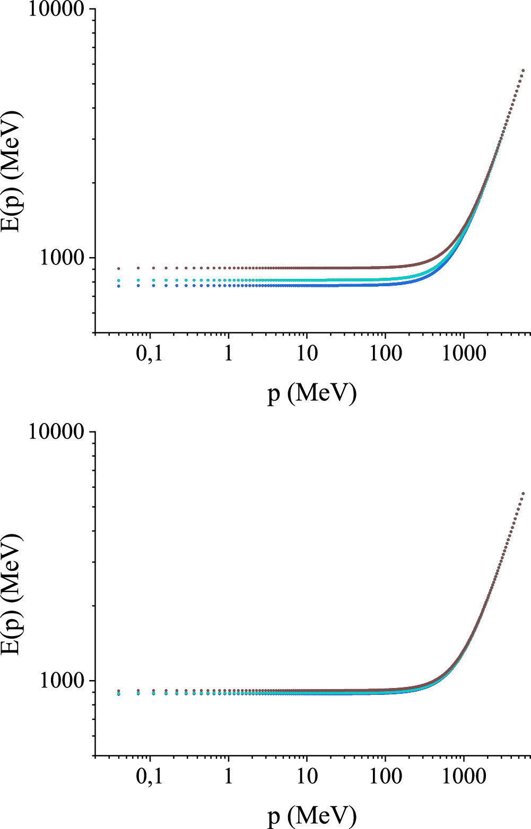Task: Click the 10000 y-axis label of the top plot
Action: pyautogui.click(x=56, y=10)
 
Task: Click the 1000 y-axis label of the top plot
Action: pyautogui.click(x=62, y=258)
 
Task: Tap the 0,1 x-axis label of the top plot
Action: pyautogui.click(x=149, y=353)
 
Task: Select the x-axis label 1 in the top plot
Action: pyautogui.click(x=228, y=353)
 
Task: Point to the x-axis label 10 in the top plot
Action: pyautogui.click(x=307, y=353)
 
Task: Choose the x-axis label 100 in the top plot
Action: pyautogui.click(x=385, y=353)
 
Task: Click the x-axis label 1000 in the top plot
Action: pyautogui.click(x=464, y=353)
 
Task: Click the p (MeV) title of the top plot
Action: pyautogui.click(x=311, y=394)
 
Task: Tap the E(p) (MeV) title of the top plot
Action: pyautogui.click(x=12, y=171)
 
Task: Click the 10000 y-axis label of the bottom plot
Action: pyautogui.click(x=56, y=432)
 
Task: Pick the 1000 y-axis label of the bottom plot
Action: pyautogui.click(x=62, y=681)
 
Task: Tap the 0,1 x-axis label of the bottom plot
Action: pyautogui.click(x=149, y=776)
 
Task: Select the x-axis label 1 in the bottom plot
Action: pyautogui.click(x=228, y=776)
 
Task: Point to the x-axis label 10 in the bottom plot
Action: pyautogui.click(x=307, y=776)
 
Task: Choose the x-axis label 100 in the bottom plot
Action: pyautogui.click(x=385, y=776)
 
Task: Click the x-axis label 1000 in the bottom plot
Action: pyautogui.click(x=464, y=776)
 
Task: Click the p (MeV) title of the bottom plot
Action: pyautogui.click(x=311, y=816)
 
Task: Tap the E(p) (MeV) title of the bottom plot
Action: pyautogui.click(x=12, y=594)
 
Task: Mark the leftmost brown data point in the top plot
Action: pyautogui.click(x=119, y=269)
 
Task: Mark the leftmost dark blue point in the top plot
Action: pyautogui.click(x=119, y=286)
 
